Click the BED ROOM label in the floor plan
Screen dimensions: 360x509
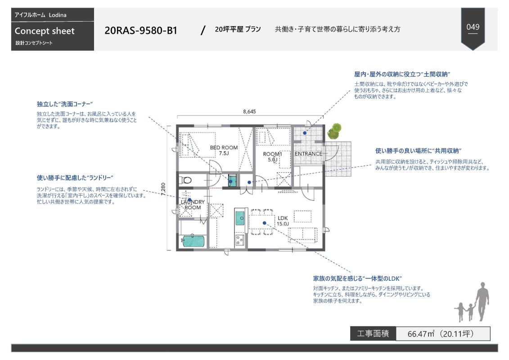pyautogui.click(x=224, y=150)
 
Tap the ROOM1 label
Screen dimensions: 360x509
pyautogui.click(x=272, y=156)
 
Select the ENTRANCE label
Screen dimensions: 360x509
pyautogui.click(x=308, y=154)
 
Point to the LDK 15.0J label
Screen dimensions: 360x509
pyautogui.click(x=283, y=221)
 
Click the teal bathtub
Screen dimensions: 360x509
pyautogui.click(x=194, y=241)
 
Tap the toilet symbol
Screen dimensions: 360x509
pyautogui.click(x=185, y=180)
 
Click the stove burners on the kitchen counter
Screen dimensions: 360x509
pyautogui.click(x=239, y=238)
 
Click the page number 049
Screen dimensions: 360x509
pyautogui.click(x=473, y=27)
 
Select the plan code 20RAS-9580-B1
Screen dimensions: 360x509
pyautogui.click(x=141, y=31)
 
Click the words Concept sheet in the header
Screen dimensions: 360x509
pyautogui.click(x=45, y=31)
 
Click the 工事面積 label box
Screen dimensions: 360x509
pyautogui.click(x=373, y=334)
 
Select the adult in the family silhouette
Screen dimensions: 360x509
pyautogui.click(x=482, y=301)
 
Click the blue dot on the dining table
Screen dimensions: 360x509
pyautogui.click(x=264, y=222)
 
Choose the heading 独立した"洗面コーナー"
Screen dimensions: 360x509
pyautogui.click(x=65, y=104)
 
